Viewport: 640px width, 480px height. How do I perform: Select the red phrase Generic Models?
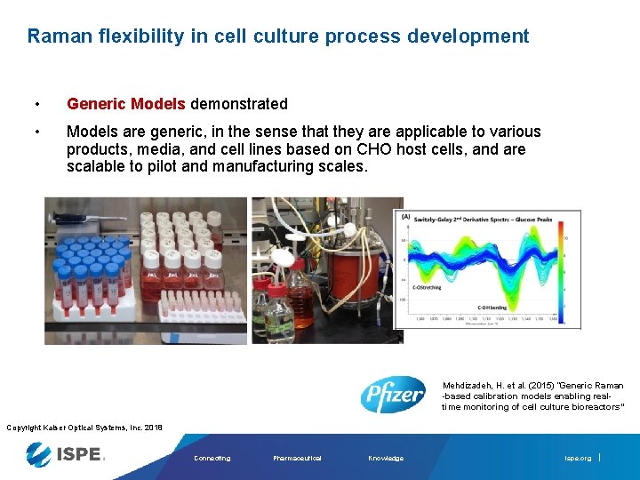[x=125, y=104]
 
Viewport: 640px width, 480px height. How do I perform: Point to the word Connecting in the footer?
[x=212, y=459]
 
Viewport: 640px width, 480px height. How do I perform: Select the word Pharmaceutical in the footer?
[x=297, y=459]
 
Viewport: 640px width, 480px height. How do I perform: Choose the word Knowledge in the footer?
[x=385, y=459]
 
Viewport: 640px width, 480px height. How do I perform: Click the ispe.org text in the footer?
[x=577, y=459]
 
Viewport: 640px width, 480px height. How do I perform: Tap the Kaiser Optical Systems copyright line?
[x=84, y=428]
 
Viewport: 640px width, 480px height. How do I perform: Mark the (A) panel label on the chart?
[x=406, y=216]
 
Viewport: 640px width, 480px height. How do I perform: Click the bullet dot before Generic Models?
[x=36, y=104]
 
